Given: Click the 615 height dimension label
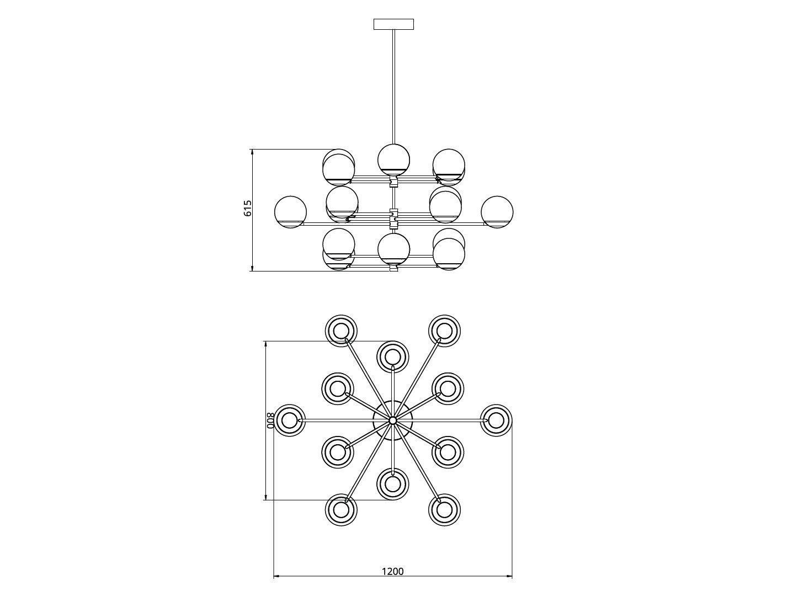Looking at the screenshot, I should (248, 208).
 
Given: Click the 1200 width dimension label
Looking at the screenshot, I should (393, 571).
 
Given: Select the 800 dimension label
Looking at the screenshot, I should (270, 420).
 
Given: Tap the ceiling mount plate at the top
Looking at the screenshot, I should (393, 24).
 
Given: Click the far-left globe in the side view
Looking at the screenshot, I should (290, 212).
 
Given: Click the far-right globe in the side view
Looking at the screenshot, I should (497, 212).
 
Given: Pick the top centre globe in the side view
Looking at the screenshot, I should (393, 159).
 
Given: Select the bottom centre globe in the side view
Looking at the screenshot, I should (393, 249).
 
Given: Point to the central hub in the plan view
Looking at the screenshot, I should (393, 420).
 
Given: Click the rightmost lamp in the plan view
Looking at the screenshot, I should (496, 420).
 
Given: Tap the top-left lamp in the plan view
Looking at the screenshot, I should (341, 331).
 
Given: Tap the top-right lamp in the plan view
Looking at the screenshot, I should (445, 331).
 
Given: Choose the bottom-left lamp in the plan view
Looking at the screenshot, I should (341, 509).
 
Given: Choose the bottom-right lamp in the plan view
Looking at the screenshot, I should (445, 509).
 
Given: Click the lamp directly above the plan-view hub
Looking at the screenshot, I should (393, 356).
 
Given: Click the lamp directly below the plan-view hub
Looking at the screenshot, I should (393, 484).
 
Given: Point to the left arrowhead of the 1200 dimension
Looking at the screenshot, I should (276, 577).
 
